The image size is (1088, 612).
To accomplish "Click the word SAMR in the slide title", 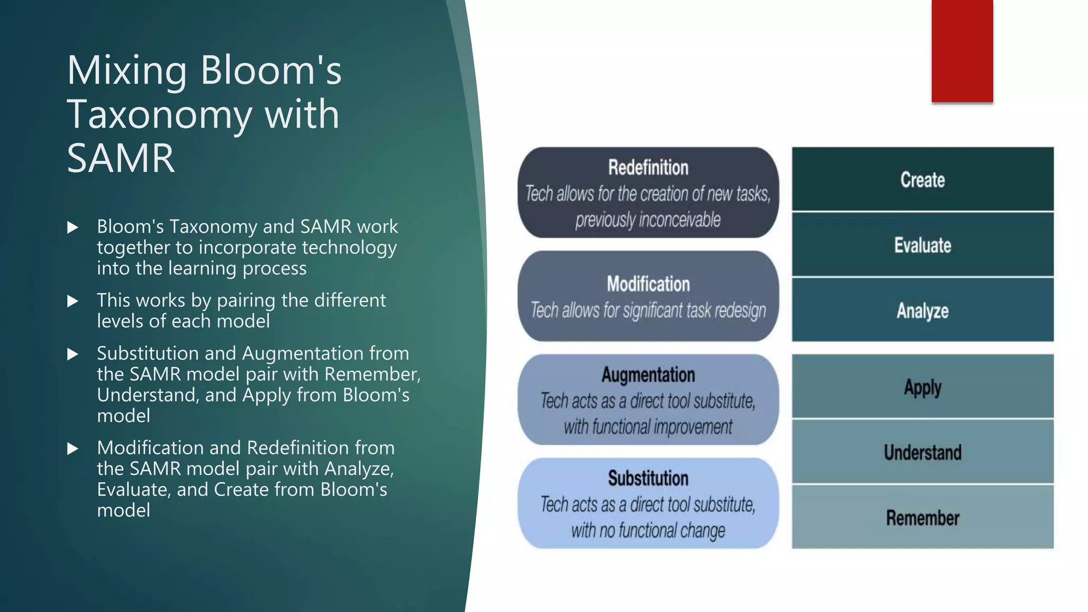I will [x=121, y=158].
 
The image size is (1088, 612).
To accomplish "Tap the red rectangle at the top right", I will [x=962, y=51].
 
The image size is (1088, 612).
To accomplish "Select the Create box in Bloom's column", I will [x=922, y=180].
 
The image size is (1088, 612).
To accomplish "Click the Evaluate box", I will [x=922, y=245].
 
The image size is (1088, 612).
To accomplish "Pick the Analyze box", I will [x=922, y=310].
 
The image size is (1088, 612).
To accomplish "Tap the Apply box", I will [x=922, y=387].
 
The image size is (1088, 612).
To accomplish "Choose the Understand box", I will [x=922, y=452].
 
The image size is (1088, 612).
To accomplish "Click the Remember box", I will [x=922, y=517].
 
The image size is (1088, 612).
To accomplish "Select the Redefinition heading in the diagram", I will [x=648, y=167].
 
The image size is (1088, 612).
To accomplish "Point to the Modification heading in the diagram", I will [x=648, y=284].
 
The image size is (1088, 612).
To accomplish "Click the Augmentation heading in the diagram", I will [x=648, y=375].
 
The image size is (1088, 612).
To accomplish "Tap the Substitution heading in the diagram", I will [x=648, y=478].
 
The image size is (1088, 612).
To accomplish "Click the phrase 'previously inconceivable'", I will [x=648, y=219].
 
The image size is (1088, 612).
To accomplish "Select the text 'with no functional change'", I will [x=648, y=530].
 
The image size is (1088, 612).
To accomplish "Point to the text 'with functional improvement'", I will [x=648, y=427].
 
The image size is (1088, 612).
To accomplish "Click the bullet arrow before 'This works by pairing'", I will [x=73, y=301].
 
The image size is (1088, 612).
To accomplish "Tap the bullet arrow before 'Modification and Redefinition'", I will [x=73, y=449].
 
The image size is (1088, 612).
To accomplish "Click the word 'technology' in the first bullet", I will [x=354, y=248].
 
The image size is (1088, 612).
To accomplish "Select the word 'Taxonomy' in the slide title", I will [x=159, y=114].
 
